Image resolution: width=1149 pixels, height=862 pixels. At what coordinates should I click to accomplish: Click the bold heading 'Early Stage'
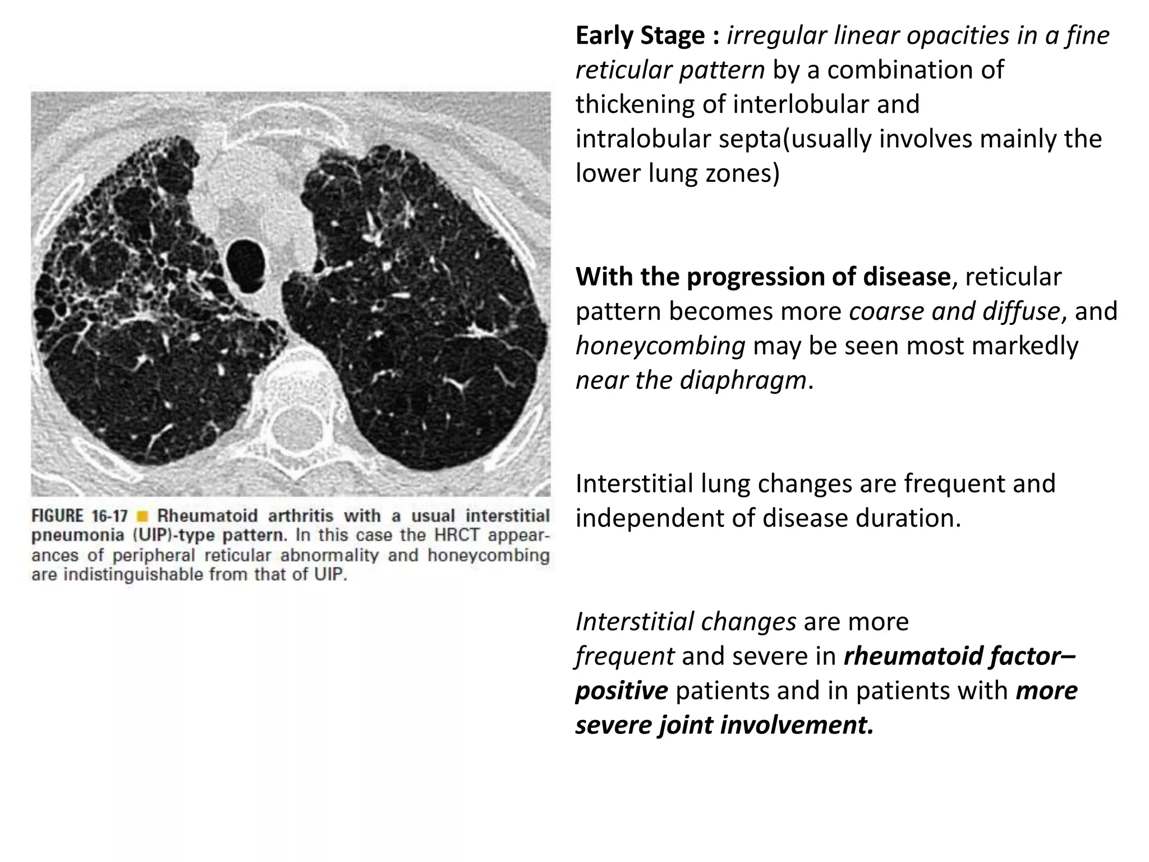pos(640,36)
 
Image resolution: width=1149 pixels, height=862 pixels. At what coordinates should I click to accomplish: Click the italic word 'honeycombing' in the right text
pos(660,346)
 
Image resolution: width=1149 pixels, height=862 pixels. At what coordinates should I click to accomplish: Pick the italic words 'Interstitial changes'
pos(686,622)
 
